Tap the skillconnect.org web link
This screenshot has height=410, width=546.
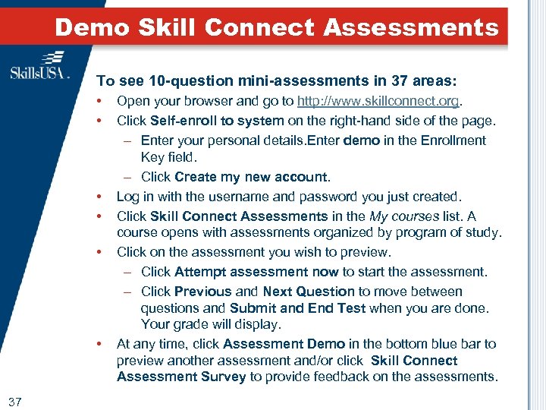click(x=379, y=101)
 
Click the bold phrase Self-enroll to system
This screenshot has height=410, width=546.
click(x=217, y=121)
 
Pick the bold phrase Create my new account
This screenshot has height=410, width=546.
click(x=252, y=177)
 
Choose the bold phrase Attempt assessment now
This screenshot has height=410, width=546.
click(x=256, y=271)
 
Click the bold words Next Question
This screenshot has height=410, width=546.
click(x=309, y=291)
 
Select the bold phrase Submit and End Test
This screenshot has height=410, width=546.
click(x=297, y=308)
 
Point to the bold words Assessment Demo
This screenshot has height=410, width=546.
click(x=284, y=344)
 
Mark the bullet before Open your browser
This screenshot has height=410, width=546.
click(x=99, y=101)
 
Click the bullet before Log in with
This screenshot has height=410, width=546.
click(x=99, y=197)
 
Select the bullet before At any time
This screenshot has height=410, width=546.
click(x=99, y=344)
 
